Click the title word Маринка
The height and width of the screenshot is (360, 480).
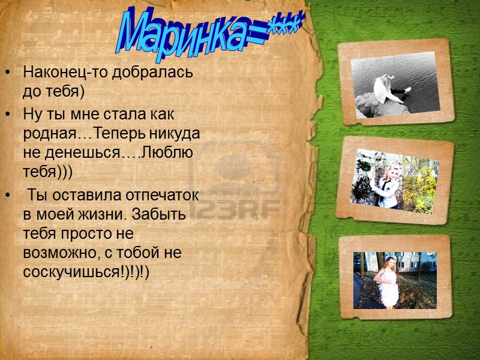[x=180, y=36]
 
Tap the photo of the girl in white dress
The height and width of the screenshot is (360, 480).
[x=395, y=280]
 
